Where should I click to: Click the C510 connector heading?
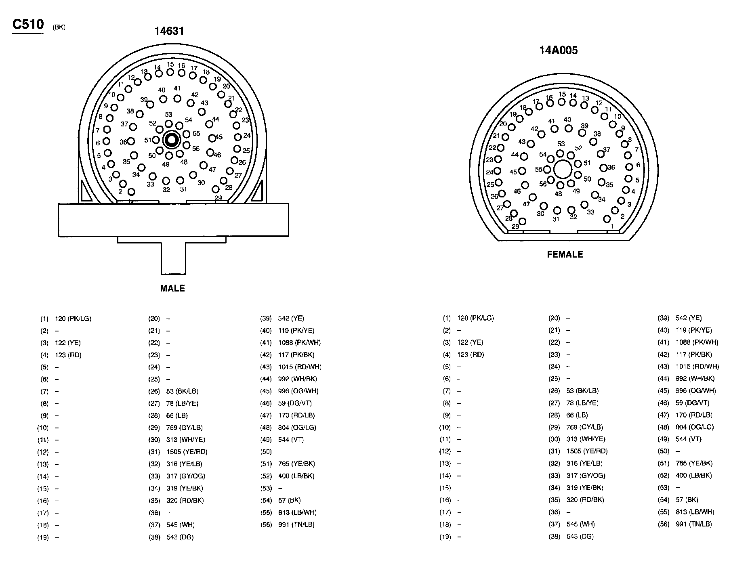tap(28, 25)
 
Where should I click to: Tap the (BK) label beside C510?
tap(59, 27)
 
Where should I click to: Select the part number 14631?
tap(169, 31)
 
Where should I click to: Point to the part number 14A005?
tap(559, 50)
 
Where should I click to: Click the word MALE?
tap(172, 288)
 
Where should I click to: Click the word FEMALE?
tap(565, 254)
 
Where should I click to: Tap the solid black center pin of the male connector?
tap(171, 140)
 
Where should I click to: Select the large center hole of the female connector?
tap(562, 169)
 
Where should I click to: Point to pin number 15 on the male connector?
tap(170, 72)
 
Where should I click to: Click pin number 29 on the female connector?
tap(522, 221)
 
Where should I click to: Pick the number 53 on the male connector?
tap(168, 115)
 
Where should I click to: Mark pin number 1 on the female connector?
tap(607, 219)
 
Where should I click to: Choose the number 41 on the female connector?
tap(552, 121)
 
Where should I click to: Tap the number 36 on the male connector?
tap(123, 142)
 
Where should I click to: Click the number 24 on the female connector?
tap(490, 172)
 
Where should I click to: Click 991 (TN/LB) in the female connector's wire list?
tap(693, 524)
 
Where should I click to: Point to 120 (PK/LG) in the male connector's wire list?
tap(73, 319)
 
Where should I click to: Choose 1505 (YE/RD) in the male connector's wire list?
tap(187, 452)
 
